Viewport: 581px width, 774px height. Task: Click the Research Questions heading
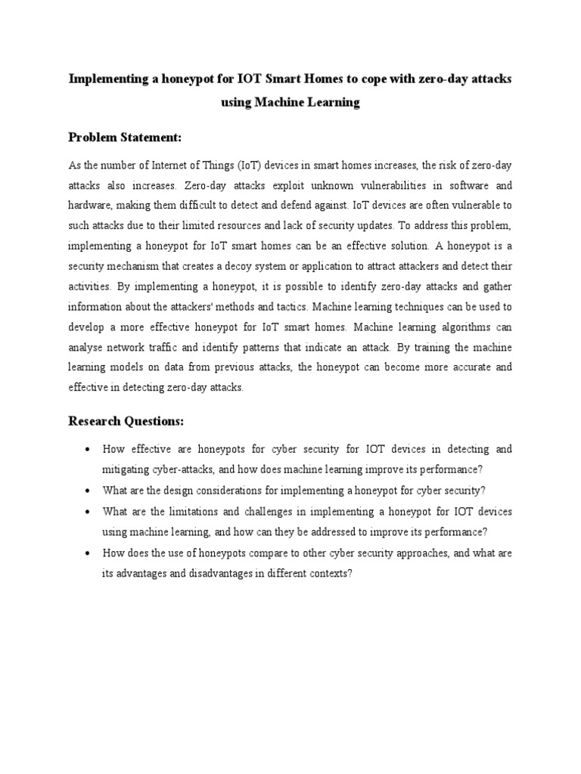tap(126, 420)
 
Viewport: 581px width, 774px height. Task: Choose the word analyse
tap(87, 348)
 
